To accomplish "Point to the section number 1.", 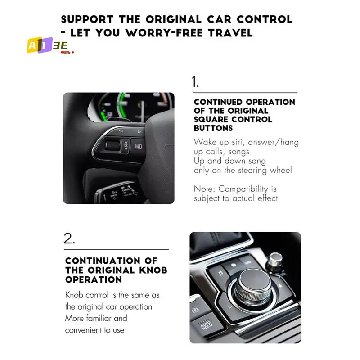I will [x=195, y=82].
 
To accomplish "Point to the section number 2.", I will [x=69, y=239].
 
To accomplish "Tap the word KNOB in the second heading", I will [x=152, y=270].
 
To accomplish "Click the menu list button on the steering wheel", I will [x=138, y=146].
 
